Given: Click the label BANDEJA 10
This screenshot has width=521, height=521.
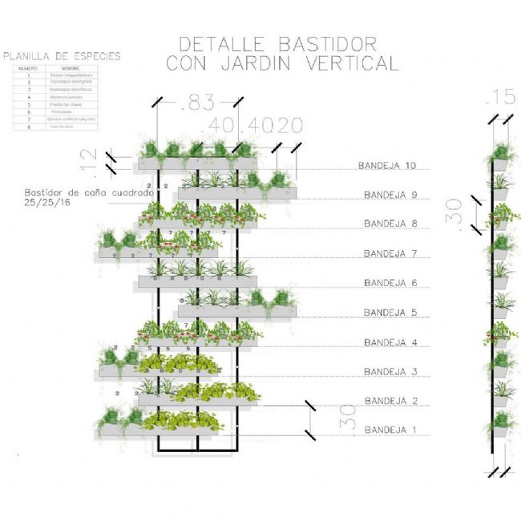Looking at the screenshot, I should click(388, 166).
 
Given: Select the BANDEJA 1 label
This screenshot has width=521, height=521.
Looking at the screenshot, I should click(390, 430).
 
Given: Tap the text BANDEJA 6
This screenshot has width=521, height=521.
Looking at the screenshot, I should click(390, 283).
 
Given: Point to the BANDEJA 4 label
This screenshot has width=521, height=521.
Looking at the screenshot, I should click(390, 341).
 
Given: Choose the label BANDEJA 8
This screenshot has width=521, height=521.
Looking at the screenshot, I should click(390, 224).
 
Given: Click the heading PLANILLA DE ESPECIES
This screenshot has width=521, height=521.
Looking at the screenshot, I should click(63, 56).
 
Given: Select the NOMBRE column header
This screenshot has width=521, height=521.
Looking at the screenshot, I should click(71, 68).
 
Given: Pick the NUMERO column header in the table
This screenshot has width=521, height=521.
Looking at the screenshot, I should click(28, 68).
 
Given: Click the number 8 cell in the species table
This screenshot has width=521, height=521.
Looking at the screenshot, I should click(28, 127).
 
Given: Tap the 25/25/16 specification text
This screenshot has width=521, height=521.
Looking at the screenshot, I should click(47, 204).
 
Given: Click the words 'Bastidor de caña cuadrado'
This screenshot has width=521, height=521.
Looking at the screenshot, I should click(88, 193).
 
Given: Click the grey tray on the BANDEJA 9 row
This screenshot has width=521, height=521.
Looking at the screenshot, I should click(237, 194).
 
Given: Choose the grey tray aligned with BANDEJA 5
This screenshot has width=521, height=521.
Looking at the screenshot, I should click(237, 311).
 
